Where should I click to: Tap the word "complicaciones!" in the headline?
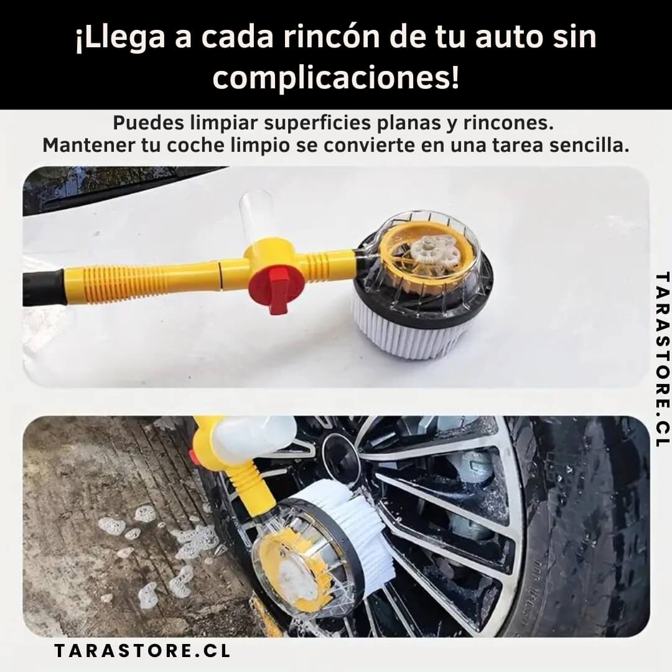click(x=336, y=78)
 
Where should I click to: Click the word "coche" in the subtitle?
click(x=195, y=146)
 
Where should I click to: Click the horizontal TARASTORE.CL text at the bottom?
click(x=142, y=651)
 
